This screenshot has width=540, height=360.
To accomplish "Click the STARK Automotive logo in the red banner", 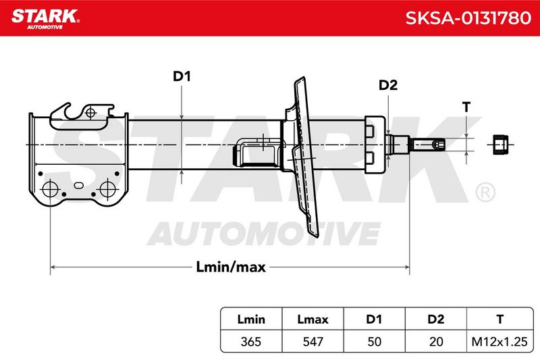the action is pyautogui.click(x=45, y=19).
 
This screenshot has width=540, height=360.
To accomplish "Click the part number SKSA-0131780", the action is pyautogui.click(x=468, y=18).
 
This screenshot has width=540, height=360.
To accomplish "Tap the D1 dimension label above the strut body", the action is pyautogui.click(x=182, y=76).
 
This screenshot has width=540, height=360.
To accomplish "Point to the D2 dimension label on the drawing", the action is pyautogui.click(x=388, y=84).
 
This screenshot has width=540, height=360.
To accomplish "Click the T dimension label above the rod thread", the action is pyautogui.click(x=466, y=107).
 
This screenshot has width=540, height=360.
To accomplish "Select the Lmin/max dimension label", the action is pyautogui.click(x=231, y=267).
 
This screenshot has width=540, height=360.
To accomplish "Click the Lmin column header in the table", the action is pyautogui.click(x=251, y=319).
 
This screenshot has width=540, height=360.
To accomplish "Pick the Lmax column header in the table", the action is pyautogui.click(x=313, y=319).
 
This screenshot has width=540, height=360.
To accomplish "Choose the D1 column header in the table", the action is pyautogui.click(x=374, y=319).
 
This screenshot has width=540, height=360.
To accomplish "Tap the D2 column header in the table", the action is pyautogui.click(x=435, y=319).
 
